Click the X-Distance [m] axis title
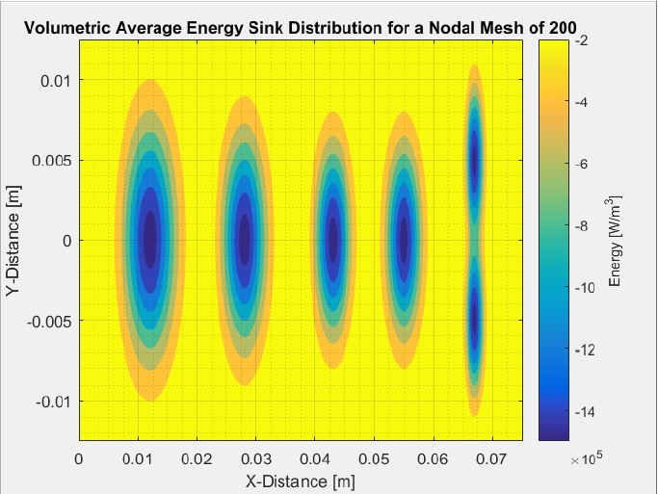pos(301,479)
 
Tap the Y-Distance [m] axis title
pos(13,240)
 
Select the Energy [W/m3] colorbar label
pos(616,241)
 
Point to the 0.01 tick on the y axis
pos(54,80)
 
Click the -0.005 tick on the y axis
pos(46,320)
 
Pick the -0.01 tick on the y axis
pos(50,400)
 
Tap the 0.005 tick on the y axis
pos(50,160)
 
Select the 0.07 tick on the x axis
pos(492,458)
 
